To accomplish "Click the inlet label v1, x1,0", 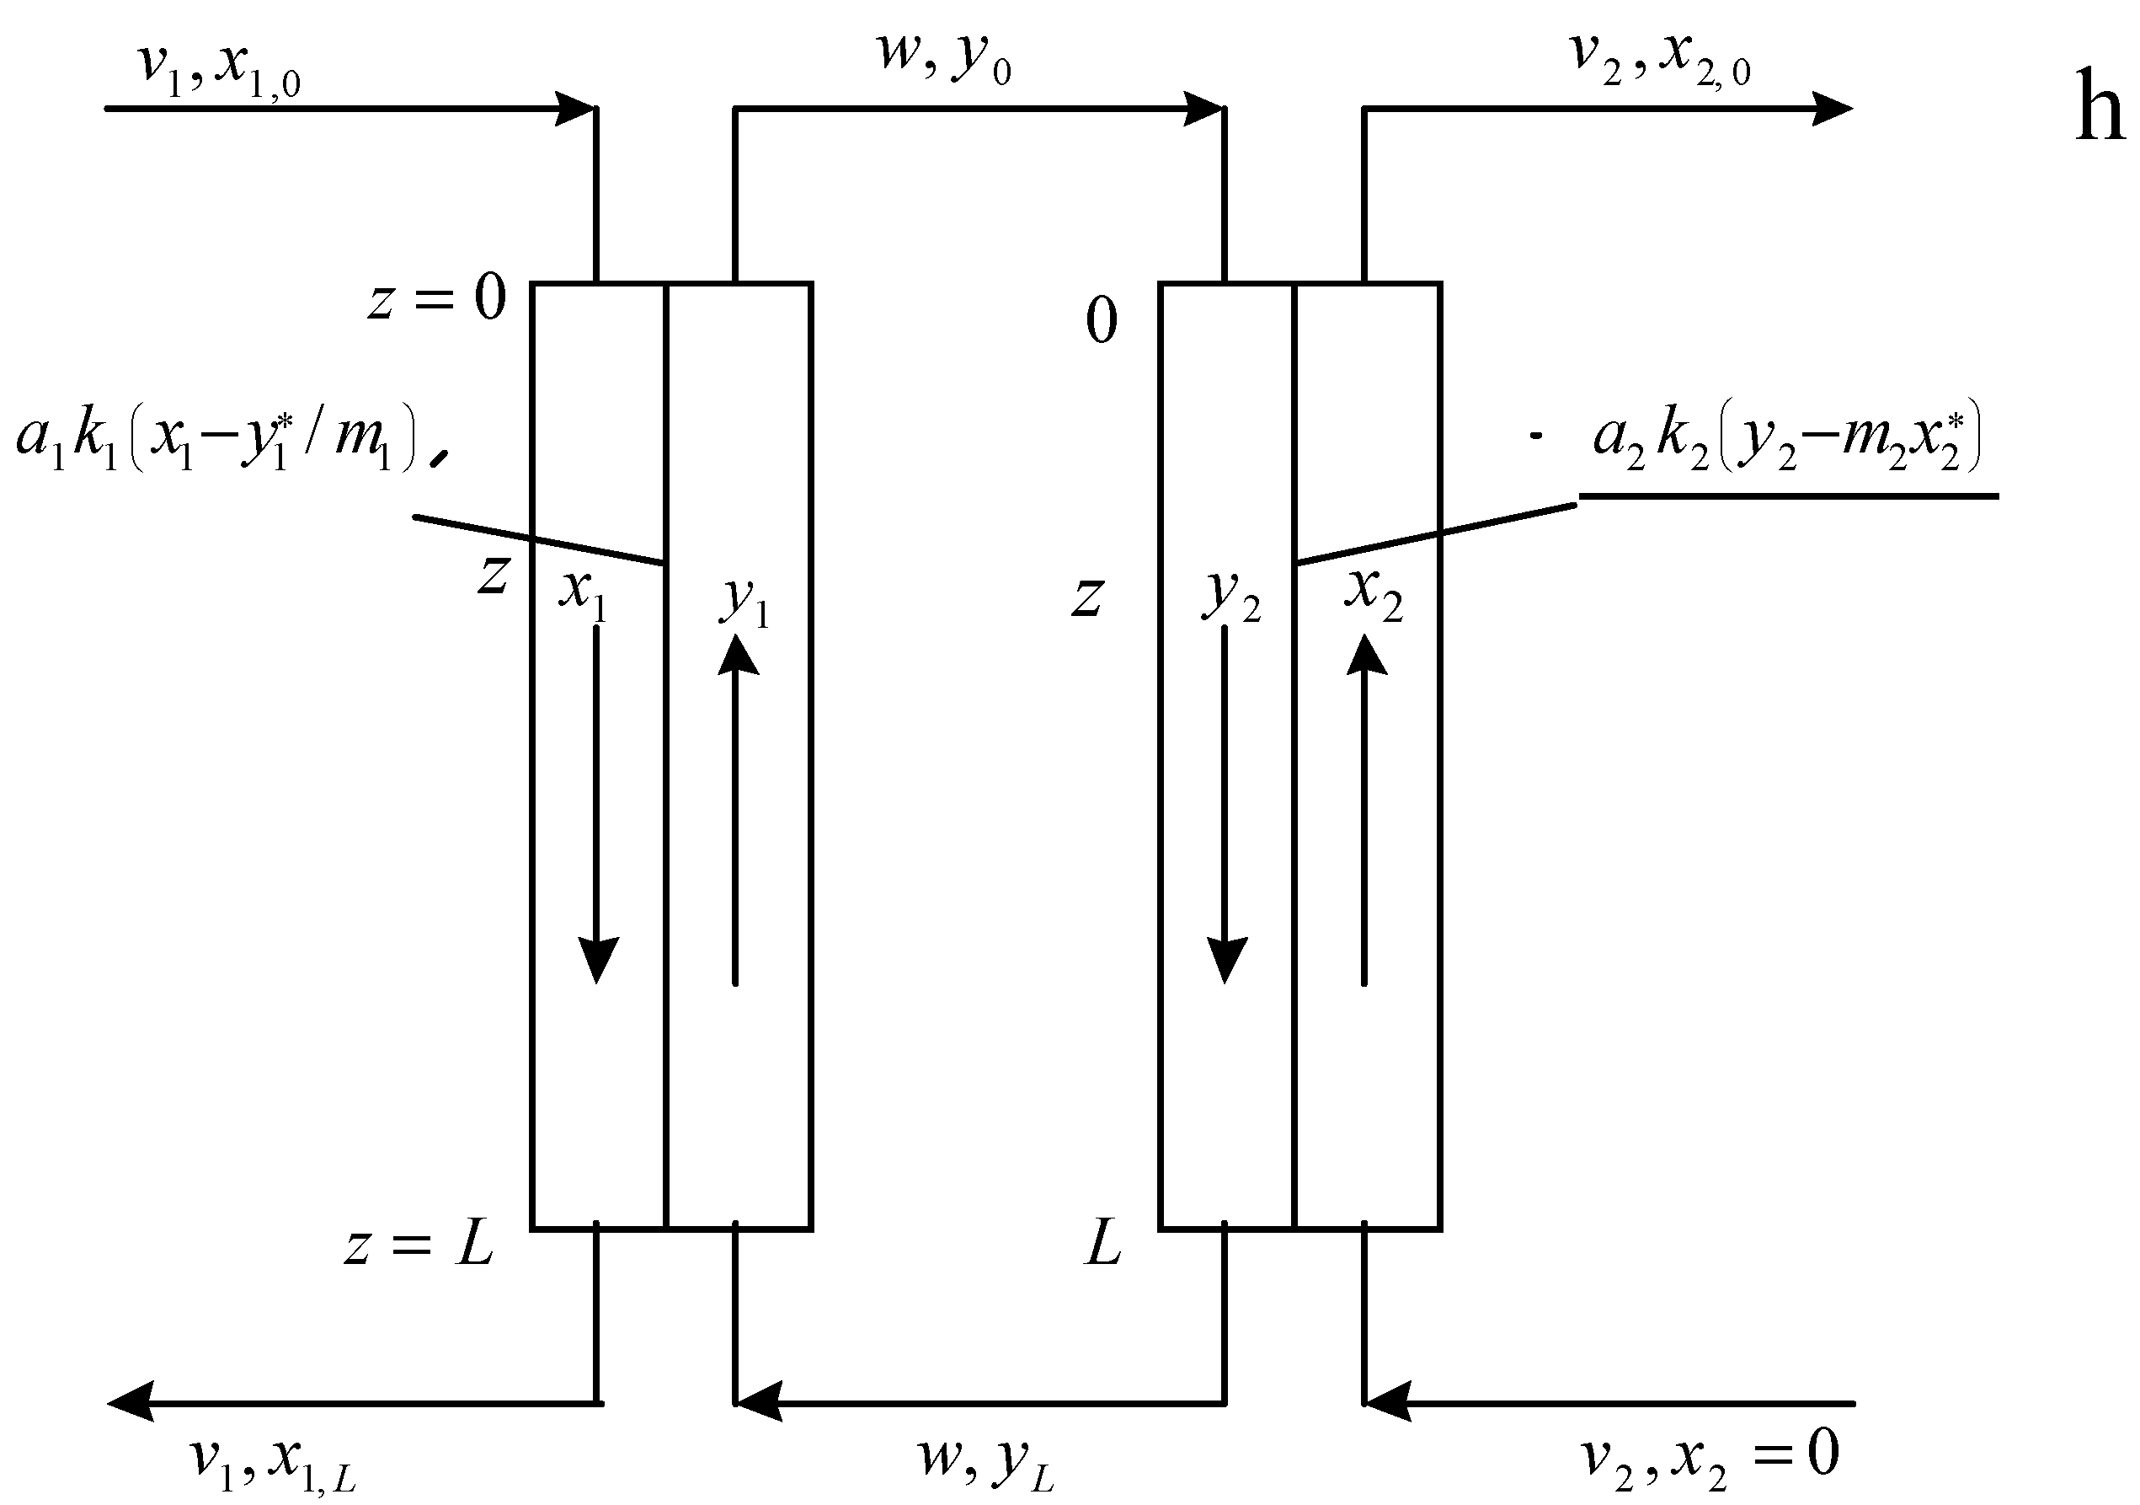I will point(220,68).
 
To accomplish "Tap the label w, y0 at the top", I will point(943,58).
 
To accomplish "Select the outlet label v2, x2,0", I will point(1660,58).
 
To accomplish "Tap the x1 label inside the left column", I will point(584,593).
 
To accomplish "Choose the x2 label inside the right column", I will point(1373,593).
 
